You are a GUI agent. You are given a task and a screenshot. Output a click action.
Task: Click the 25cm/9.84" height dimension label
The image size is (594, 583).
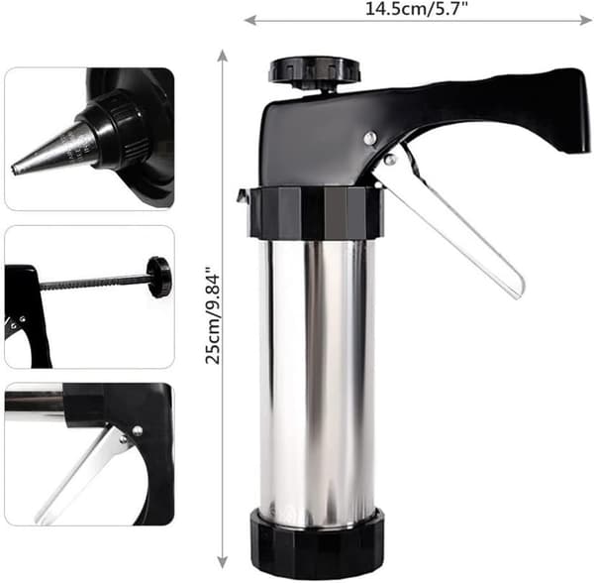213,315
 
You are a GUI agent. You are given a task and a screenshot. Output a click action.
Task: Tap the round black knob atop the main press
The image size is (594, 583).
315,70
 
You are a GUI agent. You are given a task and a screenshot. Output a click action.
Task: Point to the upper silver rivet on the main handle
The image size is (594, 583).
370,137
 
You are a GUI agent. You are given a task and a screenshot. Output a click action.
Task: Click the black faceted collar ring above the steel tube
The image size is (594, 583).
316,212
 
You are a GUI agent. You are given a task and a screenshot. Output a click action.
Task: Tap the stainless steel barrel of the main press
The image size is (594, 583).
317,376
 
